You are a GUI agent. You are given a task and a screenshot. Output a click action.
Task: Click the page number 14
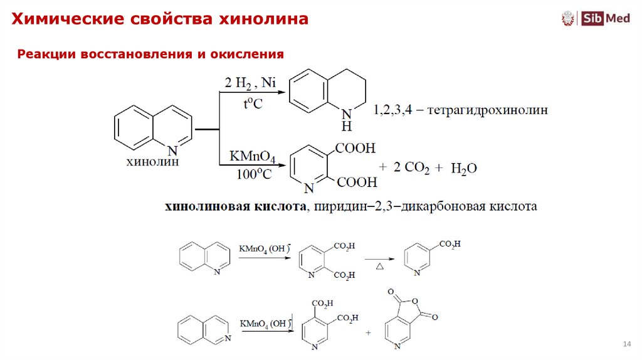pos(626,344)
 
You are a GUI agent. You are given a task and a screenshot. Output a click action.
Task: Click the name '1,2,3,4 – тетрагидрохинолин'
pos(460,110)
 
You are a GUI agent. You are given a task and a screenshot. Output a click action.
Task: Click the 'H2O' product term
pos(464,167)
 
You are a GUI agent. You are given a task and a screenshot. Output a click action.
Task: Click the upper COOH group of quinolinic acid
pos(355,149)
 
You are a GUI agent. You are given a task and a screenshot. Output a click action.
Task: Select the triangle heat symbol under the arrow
pos(379,267)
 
